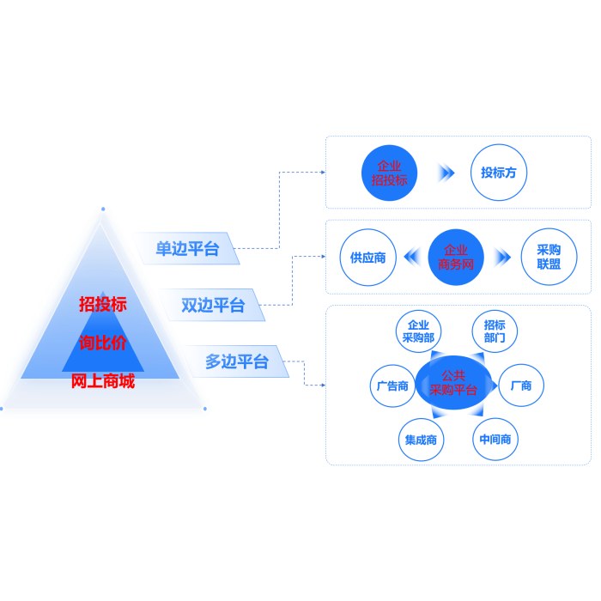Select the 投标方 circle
[x=498, y=173]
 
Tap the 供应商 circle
[x=367, y=257]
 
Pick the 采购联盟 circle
[x=549, y=257]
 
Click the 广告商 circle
[x=392, y=385]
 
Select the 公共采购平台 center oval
[x=458, y=384]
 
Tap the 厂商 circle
[x=521, y=385]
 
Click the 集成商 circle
[x=422, y=440]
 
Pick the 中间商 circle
[x=495, y=440]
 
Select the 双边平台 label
[x=213, y=305]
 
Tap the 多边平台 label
[x=236, y=361]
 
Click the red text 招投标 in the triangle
[x=103, y=304]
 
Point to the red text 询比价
[x=103, y=343]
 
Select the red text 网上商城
[x=103, y=382]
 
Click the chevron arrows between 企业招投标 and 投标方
[x=446, y=173]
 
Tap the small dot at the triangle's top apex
[x=103, y=208]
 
